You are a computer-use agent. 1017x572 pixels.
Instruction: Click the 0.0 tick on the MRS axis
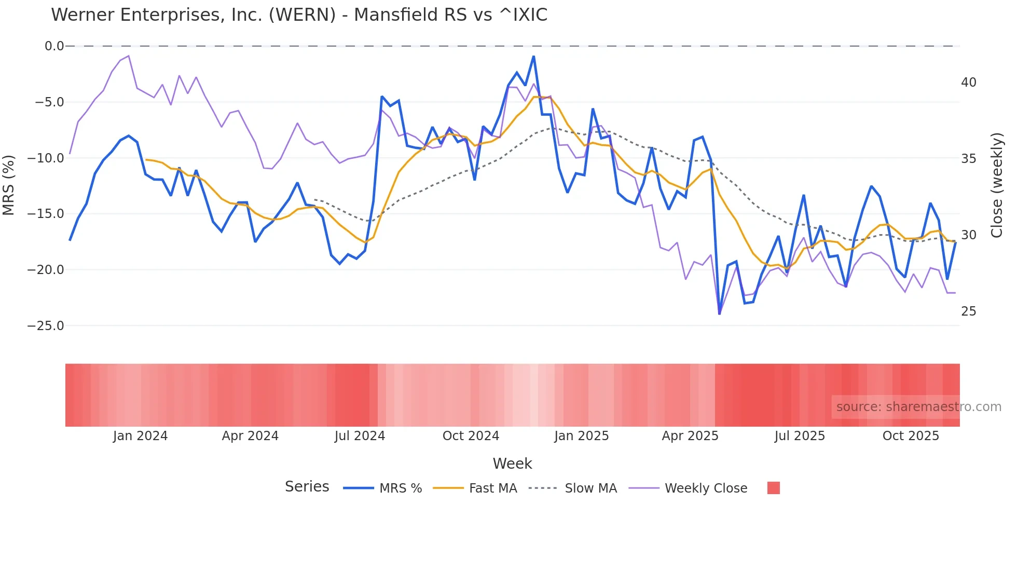point(54,46)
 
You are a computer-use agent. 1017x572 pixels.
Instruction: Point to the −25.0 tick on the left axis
point(46,326)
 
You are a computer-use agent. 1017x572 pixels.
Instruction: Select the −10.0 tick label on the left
point(46,158)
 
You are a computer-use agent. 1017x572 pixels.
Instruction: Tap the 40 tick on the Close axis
point(968,83)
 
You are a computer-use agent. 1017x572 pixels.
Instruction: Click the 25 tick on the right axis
point(968,311)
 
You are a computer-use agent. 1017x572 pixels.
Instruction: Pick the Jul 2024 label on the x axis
point(360,436)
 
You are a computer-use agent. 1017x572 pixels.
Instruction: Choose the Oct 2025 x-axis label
point(911,436)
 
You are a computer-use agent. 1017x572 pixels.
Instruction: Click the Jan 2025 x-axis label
point(581,436)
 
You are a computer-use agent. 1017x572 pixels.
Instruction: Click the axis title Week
point(512,464)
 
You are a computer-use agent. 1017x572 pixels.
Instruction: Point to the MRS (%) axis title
point(9,185)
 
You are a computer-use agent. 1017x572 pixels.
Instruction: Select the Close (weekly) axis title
point(997,185)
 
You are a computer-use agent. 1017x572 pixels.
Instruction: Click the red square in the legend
point(773,488)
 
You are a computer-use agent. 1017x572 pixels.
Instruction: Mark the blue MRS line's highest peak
point(533,57)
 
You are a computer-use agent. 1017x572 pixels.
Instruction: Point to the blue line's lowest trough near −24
point(719,314)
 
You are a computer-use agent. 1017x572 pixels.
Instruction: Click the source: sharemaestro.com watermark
point(918,407)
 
